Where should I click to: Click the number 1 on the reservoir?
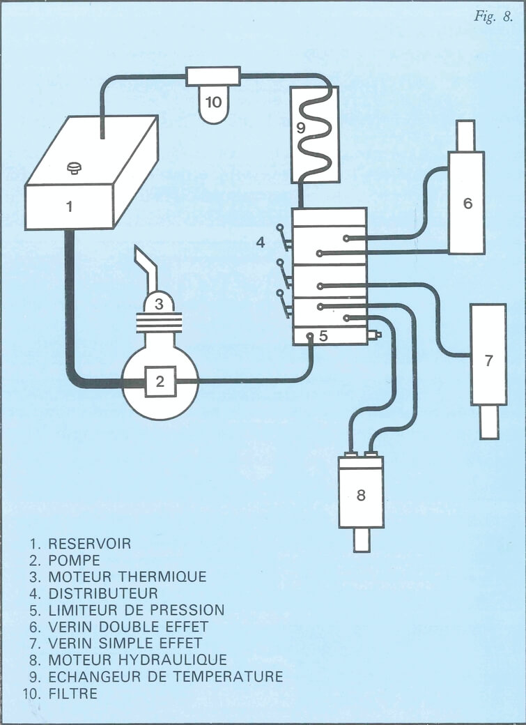69,206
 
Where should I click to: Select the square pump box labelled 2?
160,381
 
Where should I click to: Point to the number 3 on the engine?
159,303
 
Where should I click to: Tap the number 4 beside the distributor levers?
261,243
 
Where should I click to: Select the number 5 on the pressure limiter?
323,335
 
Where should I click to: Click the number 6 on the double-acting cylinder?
467,203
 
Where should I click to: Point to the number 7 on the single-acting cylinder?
488,360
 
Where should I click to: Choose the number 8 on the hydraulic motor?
360,496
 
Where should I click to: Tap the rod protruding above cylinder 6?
465,136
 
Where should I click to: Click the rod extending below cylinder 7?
489,421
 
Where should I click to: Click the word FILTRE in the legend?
73,694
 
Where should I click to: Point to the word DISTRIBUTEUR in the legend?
103,593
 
